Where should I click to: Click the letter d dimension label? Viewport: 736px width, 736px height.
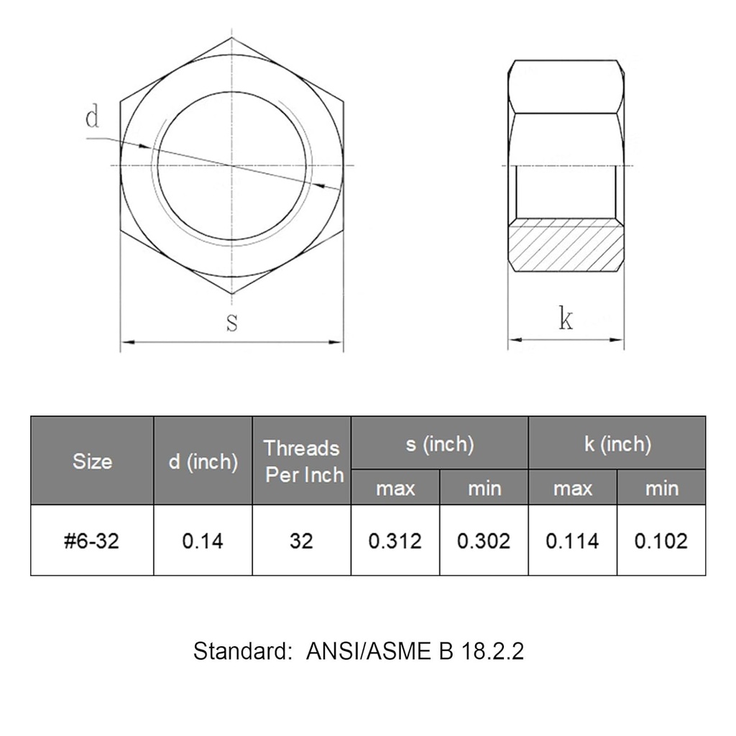92,117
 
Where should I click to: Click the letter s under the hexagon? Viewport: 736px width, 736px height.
231,323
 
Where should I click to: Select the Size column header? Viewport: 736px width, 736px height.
92,461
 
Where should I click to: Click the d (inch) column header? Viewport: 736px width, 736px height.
203,461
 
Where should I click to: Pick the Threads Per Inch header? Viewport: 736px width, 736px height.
302,461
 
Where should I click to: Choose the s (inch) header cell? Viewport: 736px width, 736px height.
439,444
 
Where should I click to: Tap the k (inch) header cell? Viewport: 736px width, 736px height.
617,444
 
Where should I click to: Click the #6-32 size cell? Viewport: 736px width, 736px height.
92,540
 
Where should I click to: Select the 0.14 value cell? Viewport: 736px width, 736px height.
203,540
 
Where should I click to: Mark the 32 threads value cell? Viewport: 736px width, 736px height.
302,540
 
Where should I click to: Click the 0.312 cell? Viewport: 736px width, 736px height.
395,540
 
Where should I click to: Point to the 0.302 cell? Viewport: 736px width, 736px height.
484,540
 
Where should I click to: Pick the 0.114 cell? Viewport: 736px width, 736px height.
572,540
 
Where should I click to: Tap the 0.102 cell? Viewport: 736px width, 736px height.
661,540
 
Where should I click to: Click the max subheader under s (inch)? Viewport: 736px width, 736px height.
395,489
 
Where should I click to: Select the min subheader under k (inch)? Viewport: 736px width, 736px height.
661,489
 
